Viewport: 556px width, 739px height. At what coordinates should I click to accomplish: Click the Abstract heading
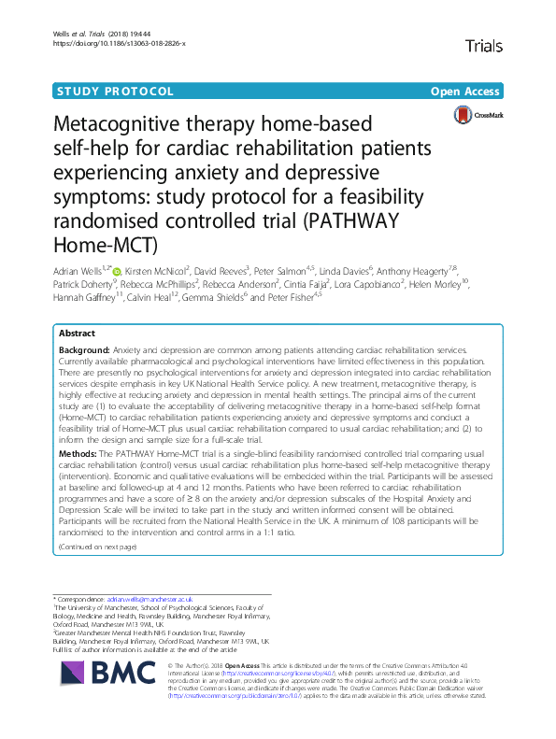pos(77,333)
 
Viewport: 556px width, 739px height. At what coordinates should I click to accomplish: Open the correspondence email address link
pos(150,599)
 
